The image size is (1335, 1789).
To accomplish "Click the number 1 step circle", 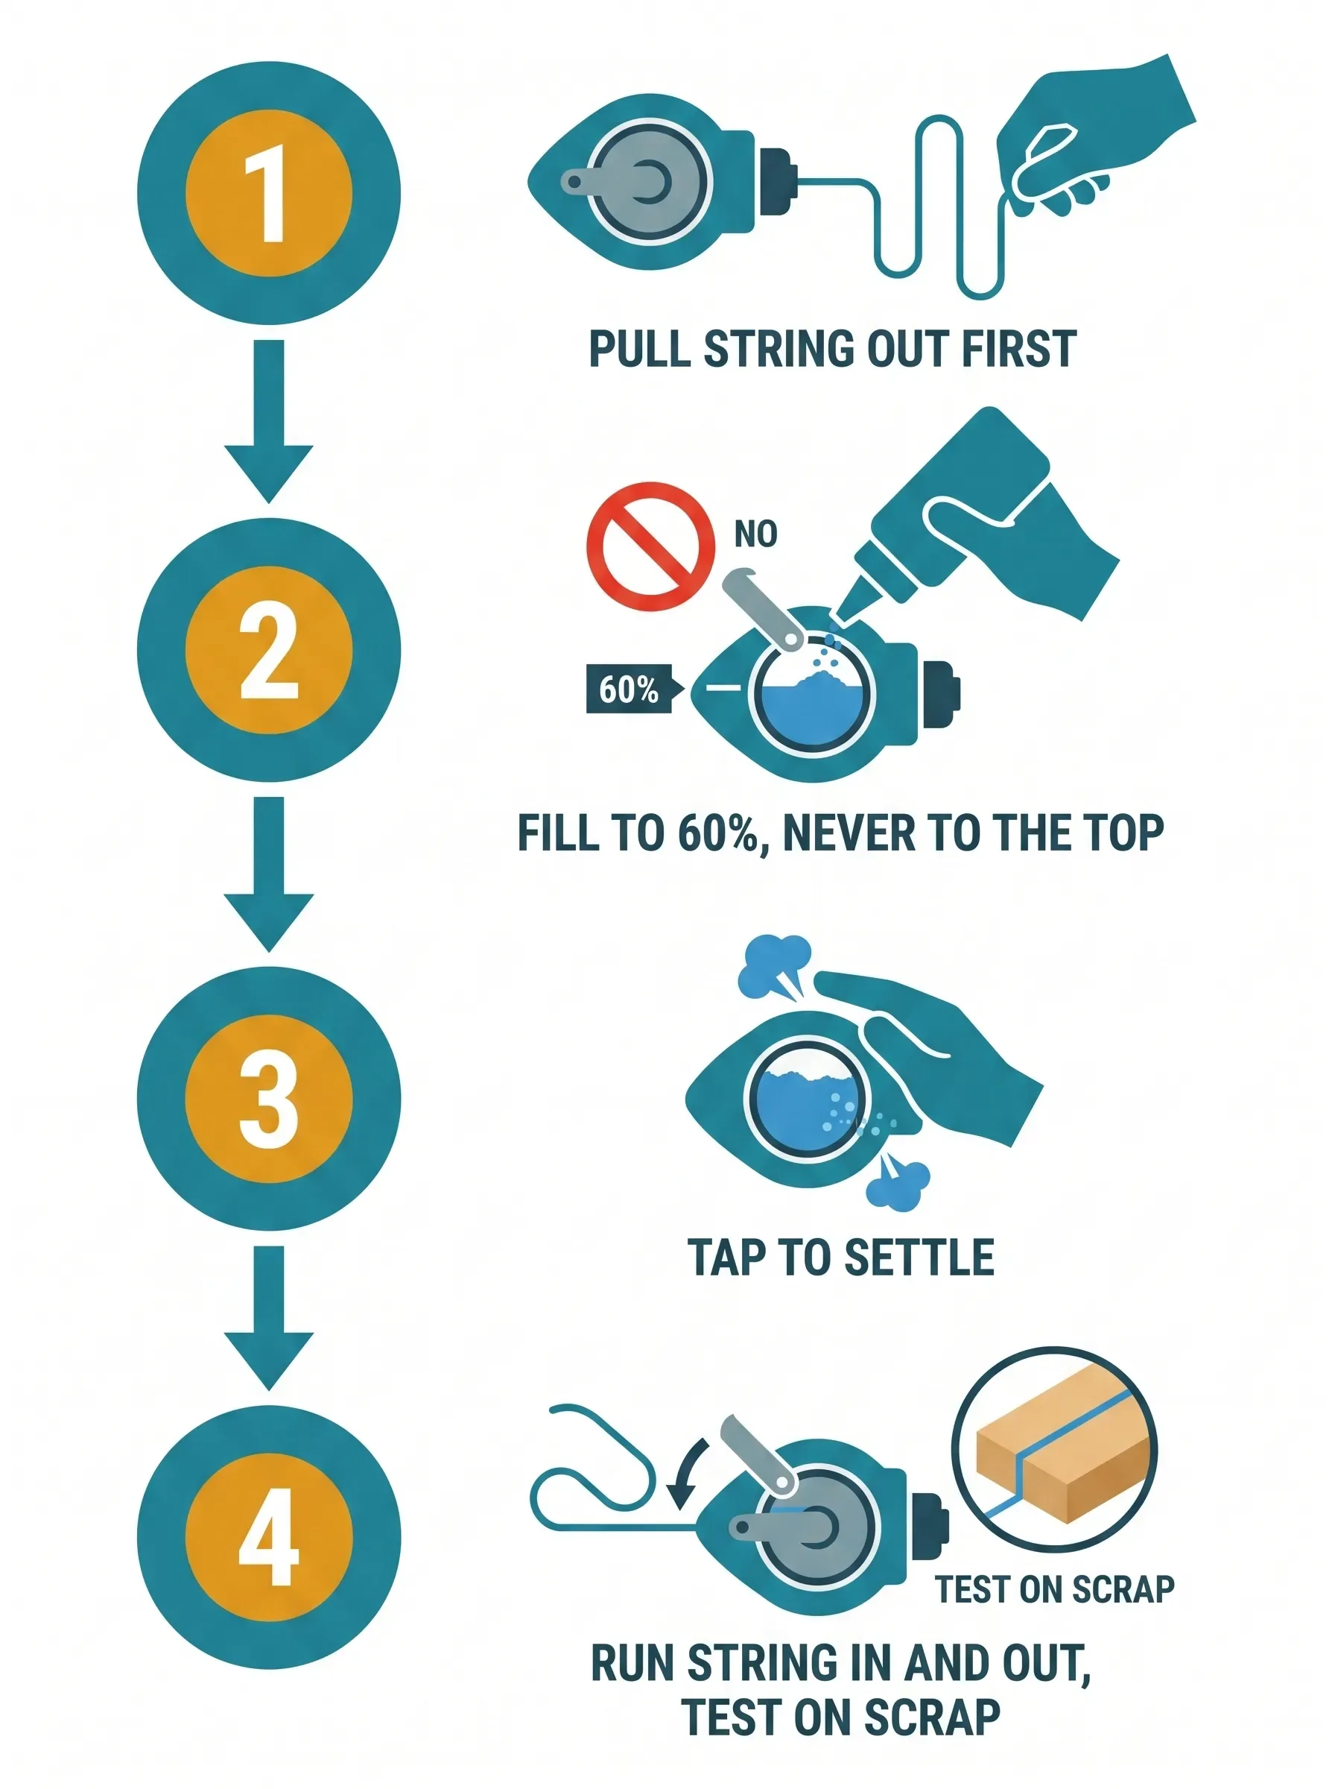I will click(x=268, y=194).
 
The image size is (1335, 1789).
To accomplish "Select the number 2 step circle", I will click(x=268, y=650).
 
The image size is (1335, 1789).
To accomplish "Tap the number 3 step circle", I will click(x=268, y=1099).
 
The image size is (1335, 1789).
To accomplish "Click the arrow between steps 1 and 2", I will click(x=268, y=420).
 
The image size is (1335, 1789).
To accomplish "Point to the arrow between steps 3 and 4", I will click(x=268, y=1318).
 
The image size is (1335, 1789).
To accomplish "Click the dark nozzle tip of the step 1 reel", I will click(x=779, y=182).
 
